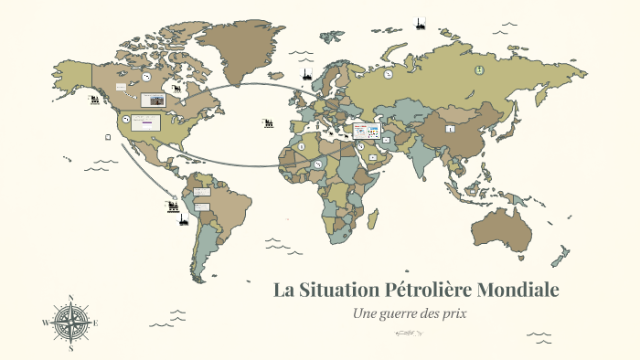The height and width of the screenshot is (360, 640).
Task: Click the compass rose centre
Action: [x=70, y=323]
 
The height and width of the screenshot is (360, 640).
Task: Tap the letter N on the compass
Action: [x=70, y=297]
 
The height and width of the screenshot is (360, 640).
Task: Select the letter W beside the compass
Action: [x=45, y=323]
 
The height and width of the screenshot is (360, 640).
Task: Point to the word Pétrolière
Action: [x=442, y=291]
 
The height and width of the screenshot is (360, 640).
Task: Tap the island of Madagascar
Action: [x=372, y=218]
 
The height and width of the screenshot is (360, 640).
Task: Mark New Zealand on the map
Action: [x=564, y=255]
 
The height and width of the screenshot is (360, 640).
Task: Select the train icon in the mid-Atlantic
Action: [x=269, y=122]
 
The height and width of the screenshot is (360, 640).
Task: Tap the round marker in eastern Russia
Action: [x=476, y=70]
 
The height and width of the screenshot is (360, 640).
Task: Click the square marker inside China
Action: [x=449, y=130]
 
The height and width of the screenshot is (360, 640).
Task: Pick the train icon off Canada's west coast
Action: [x=94, y=99]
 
